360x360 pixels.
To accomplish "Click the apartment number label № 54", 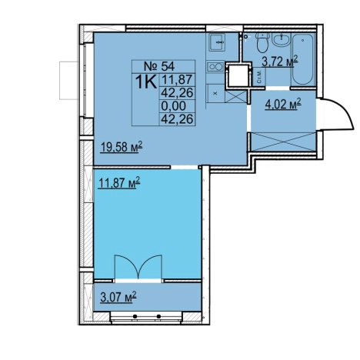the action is (x=159, y=66).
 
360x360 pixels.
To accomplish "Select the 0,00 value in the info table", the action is (x=177, y=105).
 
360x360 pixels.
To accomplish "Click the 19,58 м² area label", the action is (x=121, y=148).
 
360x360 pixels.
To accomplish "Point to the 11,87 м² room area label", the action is (x=119, y=183).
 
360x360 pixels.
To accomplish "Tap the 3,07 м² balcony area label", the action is (x=118, y=298).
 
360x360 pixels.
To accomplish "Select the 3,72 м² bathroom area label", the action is (x=280, y=62).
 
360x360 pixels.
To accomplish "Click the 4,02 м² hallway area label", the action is (x=283, y=105).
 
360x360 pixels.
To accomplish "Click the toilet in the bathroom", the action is (x=262, y=42).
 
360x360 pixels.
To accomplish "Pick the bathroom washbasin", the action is (x=282, y=39).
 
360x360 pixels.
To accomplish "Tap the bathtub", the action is (x=303, y=58).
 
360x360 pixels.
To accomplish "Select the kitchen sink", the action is (x=217, y=42).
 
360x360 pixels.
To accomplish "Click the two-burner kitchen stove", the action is (x=215, y=67).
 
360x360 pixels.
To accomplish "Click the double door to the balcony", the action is (x=138, y=267).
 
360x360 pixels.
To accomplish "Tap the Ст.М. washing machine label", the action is (x=259, y=76).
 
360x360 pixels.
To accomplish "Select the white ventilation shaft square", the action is (x=238, y=75).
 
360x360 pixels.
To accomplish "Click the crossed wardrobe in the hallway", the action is (x=283, y=142).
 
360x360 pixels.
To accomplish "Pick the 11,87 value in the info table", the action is (x=177, y=79).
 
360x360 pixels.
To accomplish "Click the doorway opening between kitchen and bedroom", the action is (x=185, y=168).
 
